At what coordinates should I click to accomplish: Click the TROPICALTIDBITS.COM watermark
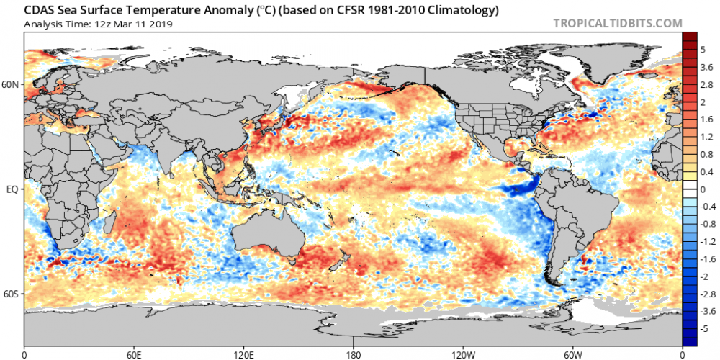(x=618, y=23)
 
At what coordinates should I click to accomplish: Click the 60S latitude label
(x=12, y=294)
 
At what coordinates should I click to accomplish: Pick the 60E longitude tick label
(x=134, y=354)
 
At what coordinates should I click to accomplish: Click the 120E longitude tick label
(x=243, y=354)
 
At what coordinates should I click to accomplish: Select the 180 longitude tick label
(x=354, y=354)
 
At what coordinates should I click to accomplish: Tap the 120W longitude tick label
(x=463, y=354)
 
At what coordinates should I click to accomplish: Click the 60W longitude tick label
(x=572, y=354)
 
